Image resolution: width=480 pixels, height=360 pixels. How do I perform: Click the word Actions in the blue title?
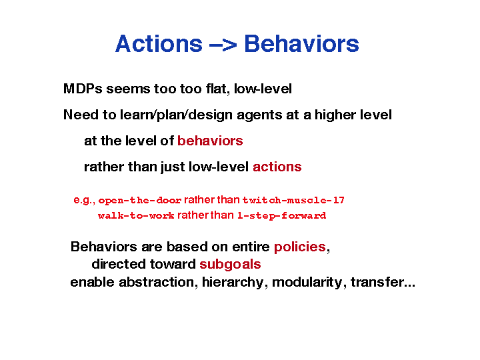coord(159,43)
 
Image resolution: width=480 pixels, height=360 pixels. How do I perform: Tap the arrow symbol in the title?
coord(223,45)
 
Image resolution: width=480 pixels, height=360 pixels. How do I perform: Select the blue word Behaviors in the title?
coord(301,43)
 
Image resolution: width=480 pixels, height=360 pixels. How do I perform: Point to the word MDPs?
coord(83,89)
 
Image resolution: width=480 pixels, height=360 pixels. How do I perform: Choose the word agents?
coord(259,115)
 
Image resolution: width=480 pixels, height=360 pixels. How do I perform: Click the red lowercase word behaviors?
coord(210,141)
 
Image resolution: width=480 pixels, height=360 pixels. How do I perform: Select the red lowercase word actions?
coord(277,167)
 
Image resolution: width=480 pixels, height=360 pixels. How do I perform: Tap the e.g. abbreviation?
coord(84,201)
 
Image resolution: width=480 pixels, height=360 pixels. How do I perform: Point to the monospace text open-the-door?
coord(140,201)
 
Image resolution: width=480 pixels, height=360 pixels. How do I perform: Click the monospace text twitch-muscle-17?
coord(293,201)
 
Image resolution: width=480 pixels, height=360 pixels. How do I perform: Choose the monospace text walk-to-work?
coord(136,216)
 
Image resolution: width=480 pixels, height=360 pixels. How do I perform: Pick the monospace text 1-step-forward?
coord(281,216)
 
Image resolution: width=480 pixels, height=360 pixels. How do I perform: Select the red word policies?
coord(300,247)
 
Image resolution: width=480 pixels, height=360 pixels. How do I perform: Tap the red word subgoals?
coord(230,265)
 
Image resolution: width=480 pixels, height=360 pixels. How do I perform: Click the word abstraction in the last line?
coord(156,282)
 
